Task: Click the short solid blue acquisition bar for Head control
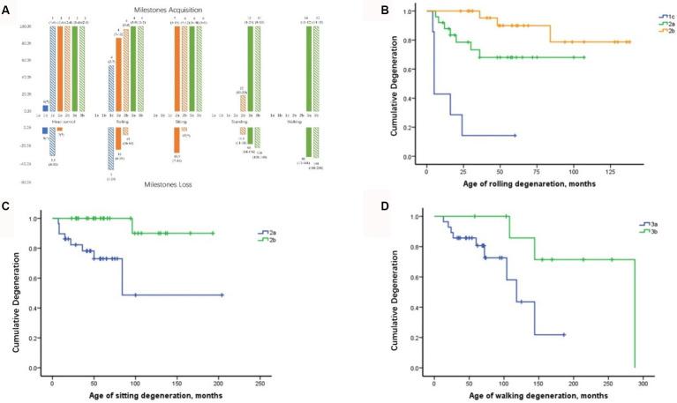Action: tap(46, 108)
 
